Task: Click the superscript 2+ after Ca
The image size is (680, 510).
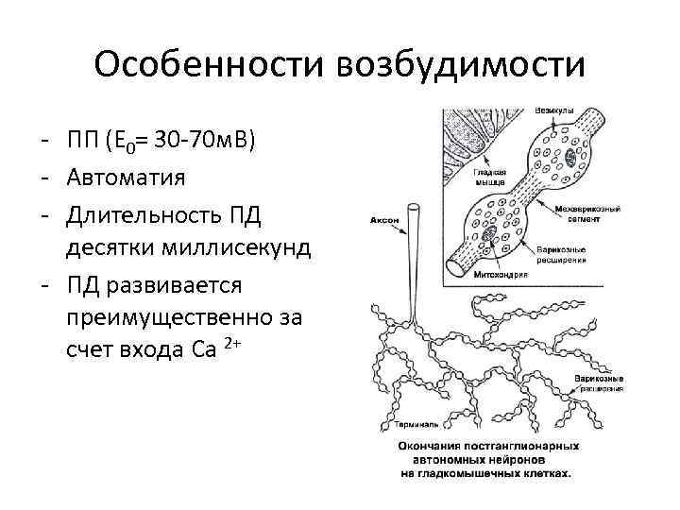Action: [x=234, y=344]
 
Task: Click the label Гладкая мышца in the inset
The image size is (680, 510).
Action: [x=493, y=178]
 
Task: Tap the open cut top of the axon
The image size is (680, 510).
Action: [x=414, y=205]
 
